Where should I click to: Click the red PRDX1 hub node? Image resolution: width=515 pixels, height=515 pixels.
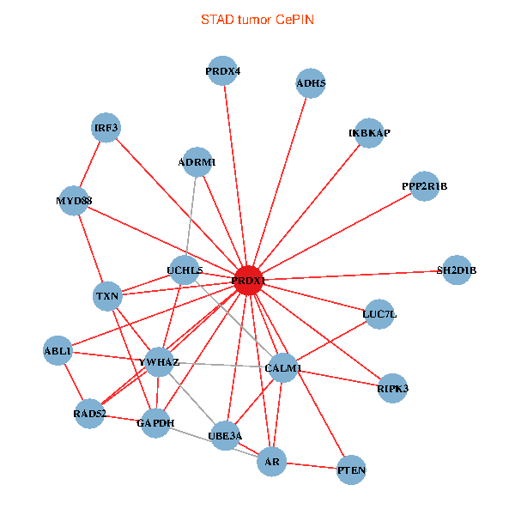tap(248, 281)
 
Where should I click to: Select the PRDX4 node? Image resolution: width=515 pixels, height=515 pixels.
tap(223, 71)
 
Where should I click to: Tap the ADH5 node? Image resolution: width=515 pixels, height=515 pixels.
tap(311, 83)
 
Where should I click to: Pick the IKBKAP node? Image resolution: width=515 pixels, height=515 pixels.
tap(369, 133)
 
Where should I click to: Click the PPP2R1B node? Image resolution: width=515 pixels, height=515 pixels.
tap(424, 186)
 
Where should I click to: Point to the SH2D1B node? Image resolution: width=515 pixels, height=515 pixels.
tap(456, 270)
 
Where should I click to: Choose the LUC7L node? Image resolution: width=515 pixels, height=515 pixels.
tap(379, 314)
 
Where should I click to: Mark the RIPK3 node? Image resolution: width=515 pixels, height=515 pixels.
tap(392, 389)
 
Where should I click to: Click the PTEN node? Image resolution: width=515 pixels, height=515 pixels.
tap(352, 470)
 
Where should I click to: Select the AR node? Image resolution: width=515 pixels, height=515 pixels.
tap(272, 462)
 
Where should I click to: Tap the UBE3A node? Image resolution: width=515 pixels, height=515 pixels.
tap(225, 436)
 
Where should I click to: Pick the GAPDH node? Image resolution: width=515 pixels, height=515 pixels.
tap(155, 423)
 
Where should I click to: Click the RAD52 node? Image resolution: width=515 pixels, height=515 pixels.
tap(89, 414)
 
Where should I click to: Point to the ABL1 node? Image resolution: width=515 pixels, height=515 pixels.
tap(58, 351)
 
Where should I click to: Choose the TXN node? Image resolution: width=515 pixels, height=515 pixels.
tap(107, 297)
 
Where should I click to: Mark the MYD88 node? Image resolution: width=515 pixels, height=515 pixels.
tap(74, 201)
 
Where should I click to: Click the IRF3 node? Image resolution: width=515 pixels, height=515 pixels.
tap(106, 129)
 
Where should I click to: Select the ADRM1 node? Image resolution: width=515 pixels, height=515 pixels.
tap(197, 161)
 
